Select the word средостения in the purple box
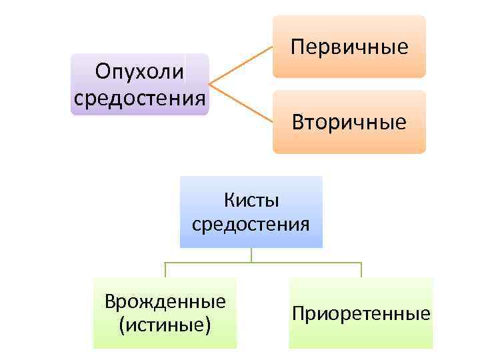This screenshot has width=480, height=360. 139,98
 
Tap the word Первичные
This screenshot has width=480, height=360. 349,47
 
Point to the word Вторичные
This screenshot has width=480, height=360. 349,122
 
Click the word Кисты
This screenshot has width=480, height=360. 251,200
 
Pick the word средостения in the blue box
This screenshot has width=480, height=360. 251,223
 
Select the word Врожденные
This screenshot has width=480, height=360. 165,301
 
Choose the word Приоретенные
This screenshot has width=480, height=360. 361,313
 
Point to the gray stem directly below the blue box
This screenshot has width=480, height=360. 251,255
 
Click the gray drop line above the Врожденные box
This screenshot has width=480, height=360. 165,269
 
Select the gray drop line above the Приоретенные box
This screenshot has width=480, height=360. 361,269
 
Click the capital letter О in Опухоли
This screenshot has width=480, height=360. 103,71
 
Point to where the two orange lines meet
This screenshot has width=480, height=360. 210,85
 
